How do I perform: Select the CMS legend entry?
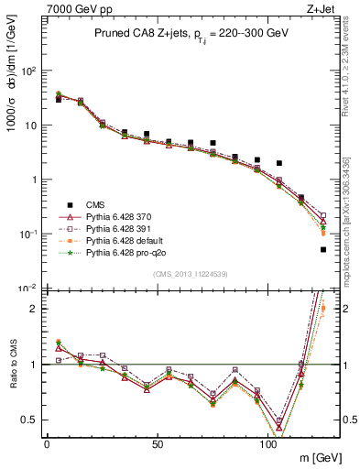pyautogui.click(x=94, y=204)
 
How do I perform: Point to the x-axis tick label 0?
pyautogui.click(x=47, y=443)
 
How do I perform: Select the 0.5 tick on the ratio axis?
pyautogui.click(x=30, y=420)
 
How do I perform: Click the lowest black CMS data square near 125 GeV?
pyautogui.click(x=323, y=249)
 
